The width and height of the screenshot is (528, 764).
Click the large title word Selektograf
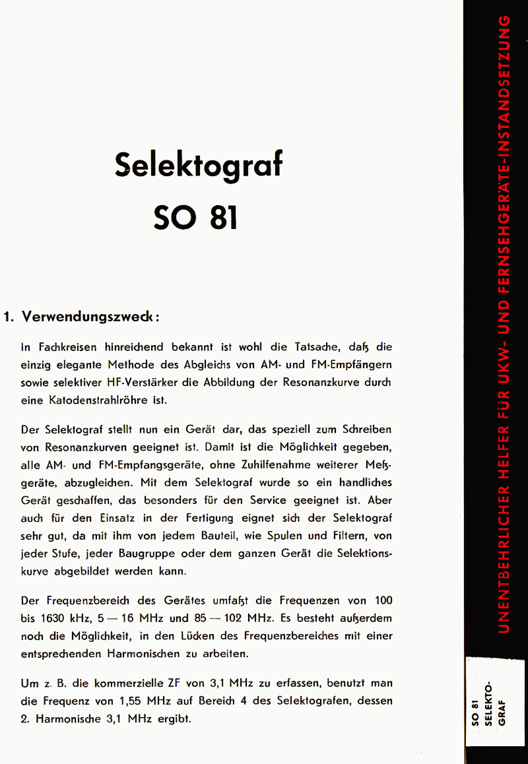[x=198, y=165]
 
